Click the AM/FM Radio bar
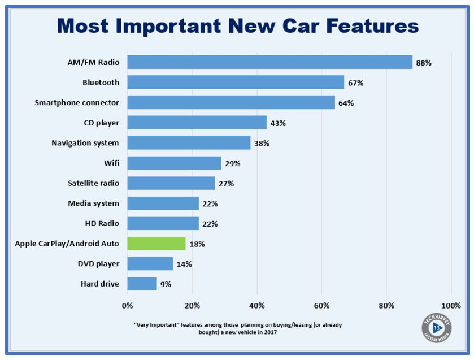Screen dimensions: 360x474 269,62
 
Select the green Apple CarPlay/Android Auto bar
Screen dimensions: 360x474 156,244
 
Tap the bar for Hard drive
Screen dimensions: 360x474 142,284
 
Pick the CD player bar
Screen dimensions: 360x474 197,123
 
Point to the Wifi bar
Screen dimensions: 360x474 174,163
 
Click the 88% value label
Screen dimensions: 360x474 424,63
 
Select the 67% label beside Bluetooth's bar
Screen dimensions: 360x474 355,83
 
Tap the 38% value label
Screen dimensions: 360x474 262,144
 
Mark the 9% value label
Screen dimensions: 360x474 165,284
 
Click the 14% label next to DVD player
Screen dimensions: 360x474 184,264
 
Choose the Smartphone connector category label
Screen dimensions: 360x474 77,102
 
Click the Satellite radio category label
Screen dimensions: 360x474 93,183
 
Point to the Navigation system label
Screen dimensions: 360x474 85,142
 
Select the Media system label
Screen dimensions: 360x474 94,203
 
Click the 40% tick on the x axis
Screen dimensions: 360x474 256,306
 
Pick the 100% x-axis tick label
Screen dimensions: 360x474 451,306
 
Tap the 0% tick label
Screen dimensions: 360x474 128,306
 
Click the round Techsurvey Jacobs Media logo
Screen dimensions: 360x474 436,328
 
